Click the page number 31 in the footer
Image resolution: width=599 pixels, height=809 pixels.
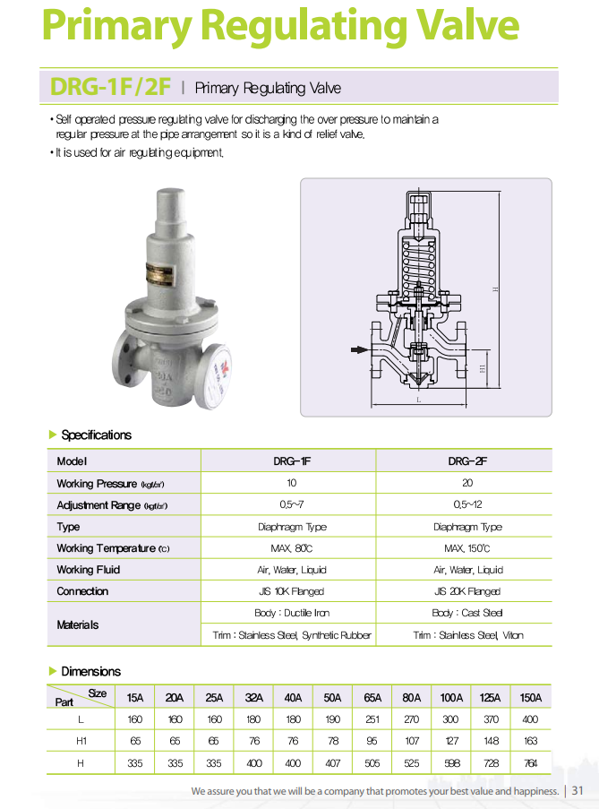[x=578, y=791]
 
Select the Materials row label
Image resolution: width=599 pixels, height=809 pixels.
[x=78, y=624]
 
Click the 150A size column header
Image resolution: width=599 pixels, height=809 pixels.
[x=530, y=698]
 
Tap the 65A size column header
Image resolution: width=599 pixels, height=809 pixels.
[x=372, y=698]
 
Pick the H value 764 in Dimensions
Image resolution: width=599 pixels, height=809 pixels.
[x=530, y=762]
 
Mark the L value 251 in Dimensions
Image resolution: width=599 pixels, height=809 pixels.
[x=372, y=719]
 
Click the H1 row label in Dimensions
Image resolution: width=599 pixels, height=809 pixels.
[x=81, y=741]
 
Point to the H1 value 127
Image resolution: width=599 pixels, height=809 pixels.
[x=450, y=741]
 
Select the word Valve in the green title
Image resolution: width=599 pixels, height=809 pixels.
[x=467, y=27]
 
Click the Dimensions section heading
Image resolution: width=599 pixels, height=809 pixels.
[x=90, y=671]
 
